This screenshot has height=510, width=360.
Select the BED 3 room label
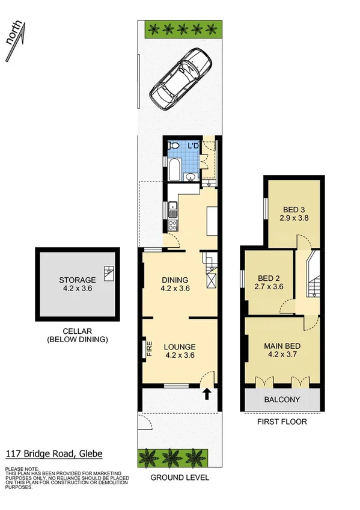pos(294,209)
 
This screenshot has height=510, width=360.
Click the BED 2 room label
pos(269,278)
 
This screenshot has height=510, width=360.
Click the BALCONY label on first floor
pos(282,399)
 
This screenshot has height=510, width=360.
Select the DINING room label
pos(175,280)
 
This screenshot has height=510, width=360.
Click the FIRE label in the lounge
pos(150,349)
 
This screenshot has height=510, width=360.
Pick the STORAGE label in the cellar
pos(77,280)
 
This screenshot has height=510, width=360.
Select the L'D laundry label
pos(193,146)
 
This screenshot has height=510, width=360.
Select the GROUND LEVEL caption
pos(179,478)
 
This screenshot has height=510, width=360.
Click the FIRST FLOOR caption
pos(282,422)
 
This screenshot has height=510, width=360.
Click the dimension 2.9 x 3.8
pos(294,218)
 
